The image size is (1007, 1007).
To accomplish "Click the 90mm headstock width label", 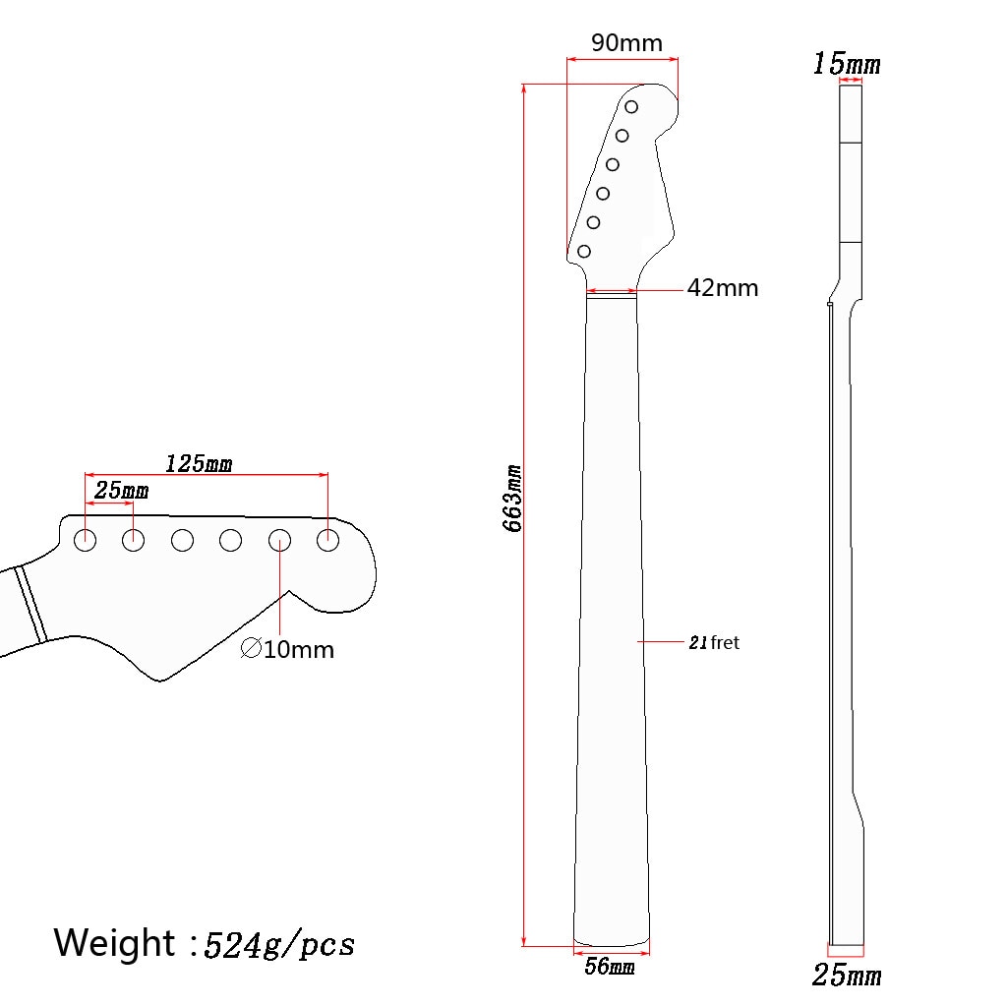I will (626, 43).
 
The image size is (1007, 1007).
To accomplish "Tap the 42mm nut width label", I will (723, 288).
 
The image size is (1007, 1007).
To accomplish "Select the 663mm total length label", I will (512, 499).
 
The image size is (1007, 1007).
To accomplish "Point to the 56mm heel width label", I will (610, 967).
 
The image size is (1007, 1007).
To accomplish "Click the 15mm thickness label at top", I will (846, 65).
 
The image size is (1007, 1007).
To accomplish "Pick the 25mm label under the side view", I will (846, 976).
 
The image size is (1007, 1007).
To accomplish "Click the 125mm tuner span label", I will (198, 463).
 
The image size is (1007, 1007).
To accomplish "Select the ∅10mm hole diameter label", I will (287, 649).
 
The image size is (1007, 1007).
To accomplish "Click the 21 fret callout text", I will (713, 642).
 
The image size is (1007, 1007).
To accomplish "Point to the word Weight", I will (114, 942).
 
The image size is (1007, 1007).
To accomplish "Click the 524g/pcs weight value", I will (278, 945).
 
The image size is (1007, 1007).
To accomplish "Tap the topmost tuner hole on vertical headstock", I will (631, 106).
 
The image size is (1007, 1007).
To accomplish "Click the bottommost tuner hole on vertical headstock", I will (584, 252).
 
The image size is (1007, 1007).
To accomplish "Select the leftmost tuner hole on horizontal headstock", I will (86, 539).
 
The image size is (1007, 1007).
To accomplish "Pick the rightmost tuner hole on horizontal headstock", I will (327, 539).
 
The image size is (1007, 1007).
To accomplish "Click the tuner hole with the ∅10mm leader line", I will (279, 539).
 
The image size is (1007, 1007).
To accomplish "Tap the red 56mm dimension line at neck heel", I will (611, 950).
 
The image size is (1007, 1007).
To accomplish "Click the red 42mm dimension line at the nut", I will (611, 291).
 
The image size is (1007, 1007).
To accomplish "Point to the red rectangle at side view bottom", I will (846, 951).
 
